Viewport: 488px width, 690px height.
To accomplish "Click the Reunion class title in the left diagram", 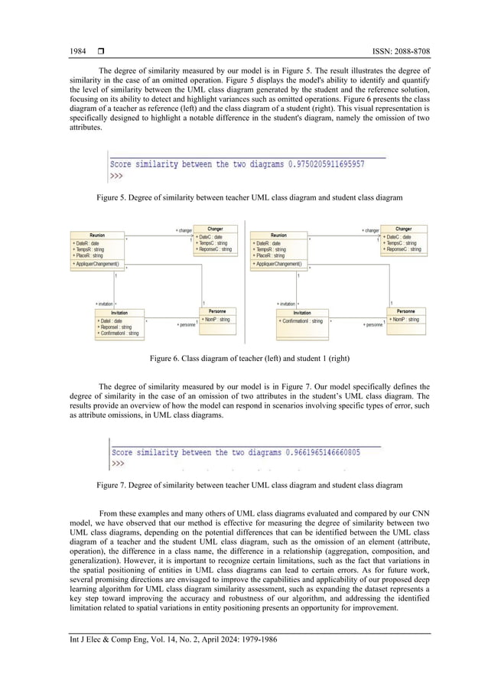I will [x=97, y=236].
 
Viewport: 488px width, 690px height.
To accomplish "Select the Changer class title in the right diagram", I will [x=403, y=228].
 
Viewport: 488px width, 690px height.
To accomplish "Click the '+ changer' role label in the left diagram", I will [x=184, y=229].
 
